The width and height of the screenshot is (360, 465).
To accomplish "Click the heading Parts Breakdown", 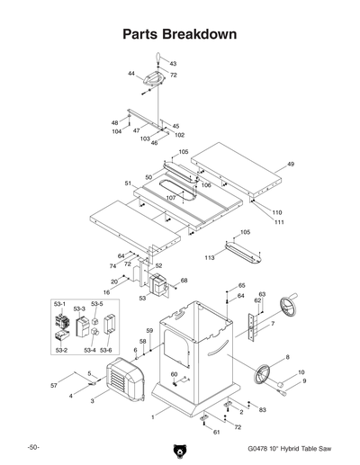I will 179,34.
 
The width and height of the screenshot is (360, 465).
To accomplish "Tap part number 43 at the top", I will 173,64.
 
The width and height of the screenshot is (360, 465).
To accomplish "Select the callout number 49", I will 291,165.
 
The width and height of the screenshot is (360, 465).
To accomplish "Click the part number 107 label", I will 171,197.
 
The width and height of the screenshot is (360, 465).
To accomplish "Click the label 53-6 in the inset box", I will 106,350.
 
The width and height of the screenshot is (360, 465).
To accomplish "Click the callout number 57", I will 53,385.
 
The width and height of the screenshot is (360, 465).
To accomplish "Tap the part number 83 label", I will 262,409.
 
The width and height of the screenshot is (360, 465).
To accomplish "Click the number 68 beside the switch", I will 184,281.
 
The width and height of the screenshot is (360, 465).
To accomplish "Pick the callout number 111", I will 279,222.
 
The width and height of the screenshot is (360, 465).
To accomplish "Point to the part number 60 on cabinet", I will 174,373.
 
